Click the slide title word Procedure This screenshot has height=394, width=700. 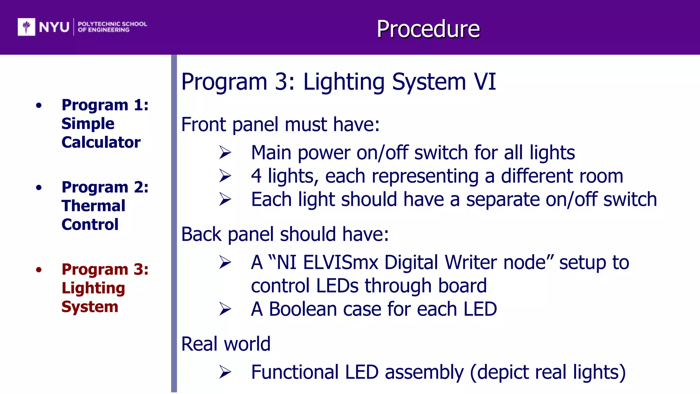(x=428, y=29)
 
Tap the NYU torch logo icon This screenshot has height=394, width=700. (x=26, y=27)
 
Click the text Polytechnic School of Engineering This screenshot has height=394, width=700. (x=112, y=27)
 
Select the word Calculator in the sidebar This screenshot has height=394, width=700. (x=101, y=142)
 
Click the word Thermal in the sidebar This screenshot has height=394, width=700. (x=93, y=206)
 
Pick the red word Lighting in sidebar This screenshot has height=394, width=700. (x=93, y=288)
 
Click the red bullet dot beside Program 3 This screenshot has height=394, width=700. (x=39, y=270)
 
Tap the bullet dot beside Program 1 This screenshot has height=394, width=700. (x=39, y=105)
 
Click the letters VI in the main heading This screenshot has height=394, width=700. (x=484, y=82)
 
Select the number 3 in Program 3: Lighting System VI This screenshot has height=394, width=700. (x=281, y=82)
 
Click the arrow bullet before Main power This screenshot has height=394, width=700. (x=225, y=153)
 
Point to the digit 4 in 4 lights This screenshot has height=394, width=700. (x=256, y=176)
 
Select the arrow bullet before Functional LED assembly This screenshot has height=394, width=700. (x=225, y=372)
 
